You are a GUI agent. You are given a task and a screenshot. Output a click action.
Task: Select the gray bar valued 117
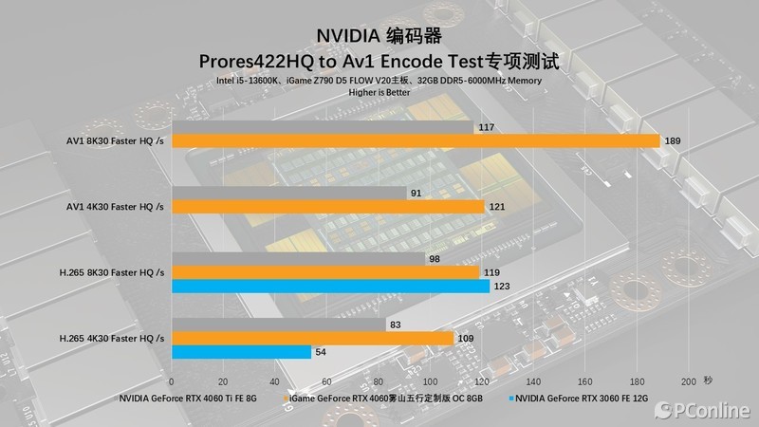[x=323, y=127]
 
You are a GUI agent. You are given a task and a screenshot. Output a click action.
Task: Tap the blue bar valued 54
[x=242, y=352]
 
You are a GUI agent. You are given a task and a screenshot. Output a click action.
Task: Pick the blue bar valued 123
[x=331, y=286]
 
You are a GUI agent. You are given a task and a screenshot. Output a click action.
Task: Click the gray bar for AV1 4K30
[x=289, y=194]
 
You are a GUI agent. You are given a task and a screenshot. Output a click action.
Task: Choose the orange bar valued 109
[x=313, y=339]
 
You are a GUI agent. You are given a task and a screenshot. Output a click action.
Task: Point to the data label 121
[x=498, y=207]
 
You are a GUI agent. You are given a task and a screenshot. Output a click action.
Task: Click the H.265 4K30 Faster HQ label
[x=116, y=338]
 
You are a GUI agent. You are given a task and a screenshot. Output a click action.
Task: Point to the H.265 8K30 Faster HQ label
[x=116, y=272]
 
